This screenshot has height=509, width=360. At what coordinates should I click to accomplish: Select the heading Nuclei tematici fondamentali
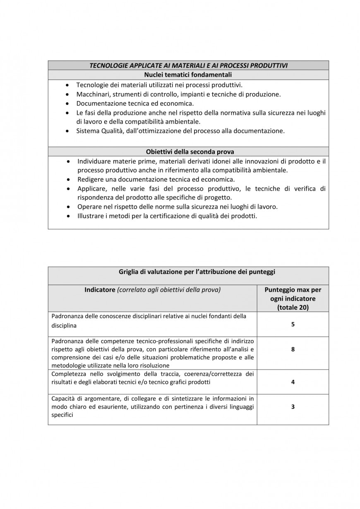pos(188,75)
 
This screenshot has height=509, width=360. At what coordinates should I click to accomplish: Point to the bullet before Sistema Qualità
pos(68,131)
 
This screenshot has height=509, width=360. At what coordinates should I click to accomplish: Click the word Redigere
pos(91,180)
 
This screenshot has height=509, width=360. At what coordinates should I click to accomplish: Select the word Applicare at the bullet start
pos(91,189)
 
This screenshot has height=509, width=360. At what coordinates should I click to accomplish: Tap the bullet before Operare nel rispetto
pos(68,207)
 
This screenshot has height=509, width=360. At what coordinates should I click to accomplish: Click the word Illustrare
pos(91,216)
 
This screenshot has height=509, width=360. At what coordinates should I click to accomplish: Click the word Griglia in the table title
pos(128,272)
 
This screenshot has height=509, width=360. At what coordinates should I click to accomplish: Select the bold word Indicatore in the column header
pos(100,290)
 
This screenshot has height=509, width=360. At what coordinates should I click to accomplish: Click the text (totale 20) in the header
pos(293,307)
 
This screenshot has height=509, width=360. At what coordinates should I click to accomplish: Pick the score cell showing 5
pos(293,324)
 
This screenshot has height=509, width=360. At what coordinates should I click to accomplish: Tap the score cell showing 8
pos(293,349)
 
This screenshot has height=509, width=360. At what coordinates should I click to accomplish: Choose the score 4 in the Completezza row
pos(293,382)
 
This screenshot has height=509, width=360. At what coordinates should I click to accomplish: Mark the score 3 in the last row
pos(293,407)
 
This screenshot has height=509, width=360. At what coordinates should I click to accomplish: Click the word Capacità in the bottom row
pos(63,399)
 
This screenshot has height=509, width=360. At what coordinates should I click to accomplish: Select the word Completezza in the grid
pos(68,374)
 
